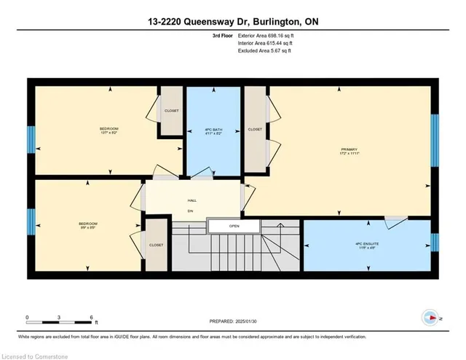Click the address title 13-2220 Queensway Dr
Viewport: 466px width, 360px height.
point(232,23)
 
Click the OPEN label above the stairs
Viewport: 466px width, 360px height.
point(234,226)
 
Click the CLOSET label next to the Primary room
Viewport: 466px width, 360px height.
point(255,129)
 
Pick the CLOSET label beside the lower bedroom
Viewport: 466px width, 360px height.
point(156,246)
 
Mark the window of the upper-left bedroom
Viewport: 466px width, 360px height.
point(31,139)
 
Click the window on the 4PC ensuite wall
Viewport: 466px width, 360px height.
point(434,242)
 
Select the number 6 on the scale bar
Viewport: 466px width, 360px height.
point(92,318)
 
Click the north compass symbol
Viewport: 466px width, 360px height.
point(430,318)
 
